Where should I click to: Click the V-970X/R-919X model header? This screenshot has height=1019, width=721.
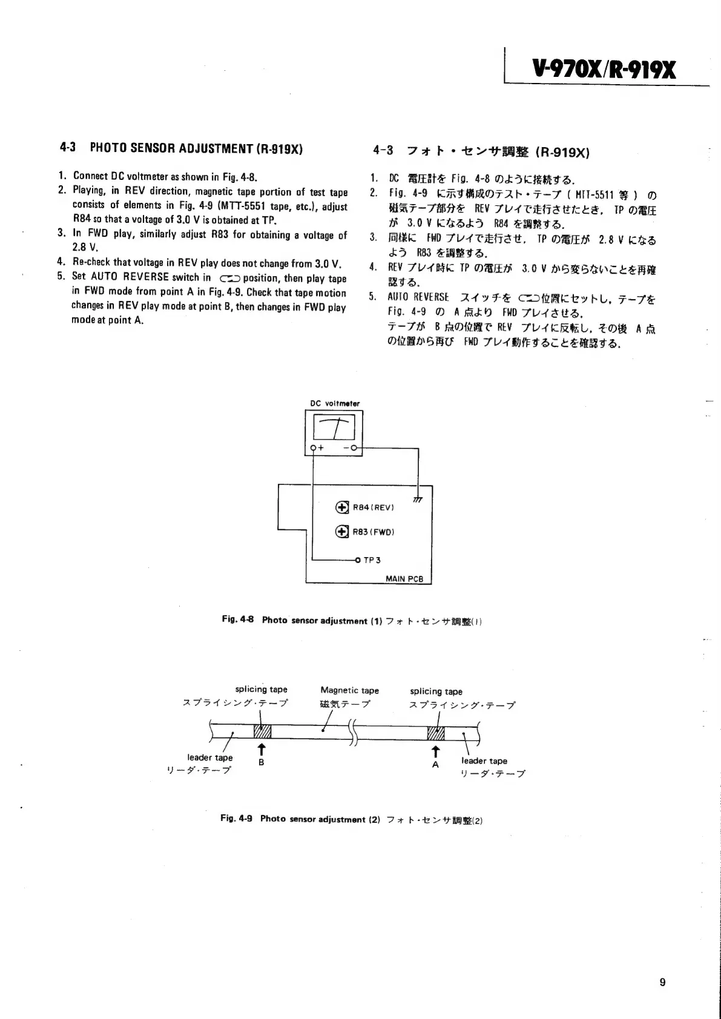coord(603,70)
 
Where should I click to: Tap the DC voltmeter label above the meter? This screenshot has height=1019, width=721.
coord(334,403)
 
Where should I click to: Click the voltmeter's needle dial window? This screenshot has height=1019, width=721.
coord(334,429)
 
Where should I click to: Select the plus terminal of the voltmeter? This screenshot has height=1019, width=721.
coord(314,449)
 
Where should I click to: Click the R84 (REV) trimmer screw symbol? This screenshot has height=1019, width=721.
coord(342,507)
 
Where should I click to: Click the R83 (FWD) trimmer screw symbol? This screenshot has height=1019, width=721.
coord(342,532)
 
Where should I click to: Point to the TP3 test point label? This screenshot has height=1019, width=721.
coord(371,560)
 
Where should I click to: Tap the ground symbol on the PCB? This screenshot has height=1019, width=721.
coord(417,498)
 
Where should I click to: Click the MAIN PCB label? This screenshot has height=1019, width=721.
coord(404,578)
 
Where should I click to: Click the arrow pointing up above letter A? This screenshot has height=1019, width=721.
coord(435,751)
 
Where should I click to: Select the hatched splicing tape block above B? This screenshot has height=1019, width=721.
coord(262,731)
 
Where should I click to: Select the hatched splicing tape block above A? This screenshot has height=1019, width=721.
coord(436,733)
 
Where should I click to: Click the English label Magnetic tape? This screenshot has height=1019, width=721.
coord(349,690)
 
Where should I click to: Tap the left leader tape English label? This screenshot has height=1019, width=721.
coord(209,757)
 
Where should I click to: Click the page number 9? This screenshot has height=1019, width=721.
coord(662,982)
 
